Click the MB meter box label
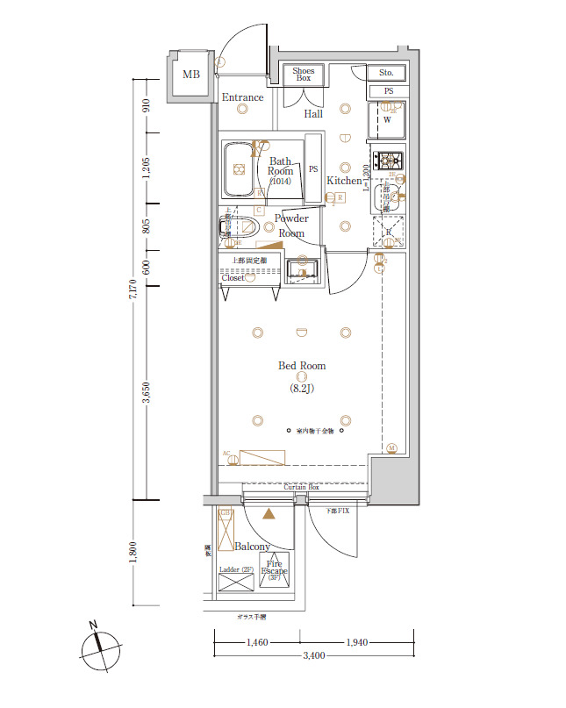191,75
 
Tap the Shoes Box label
303,75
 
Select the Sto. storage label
386,73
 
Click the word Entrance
242,97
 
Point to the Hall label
313,114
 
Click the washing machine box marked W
387,120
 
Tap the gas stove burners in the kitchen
387,161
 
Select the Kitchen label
344,181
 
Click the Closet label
233,278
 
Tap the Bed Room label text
302,366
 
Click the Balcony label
253,547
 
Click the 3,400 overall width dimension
313,655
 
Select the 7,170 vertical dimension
133,290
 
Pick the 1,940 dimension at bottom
355,643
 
